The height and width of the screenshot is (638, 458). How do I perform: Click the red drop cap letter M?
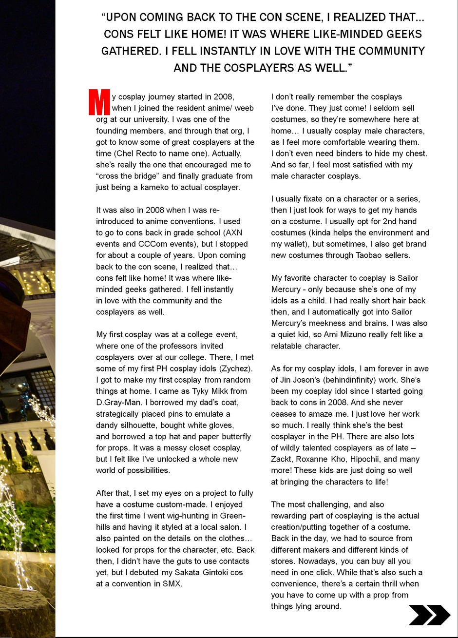[x=99, y=101]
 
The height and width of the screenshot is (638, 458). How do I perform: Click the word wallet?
[x=292, y=244]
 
